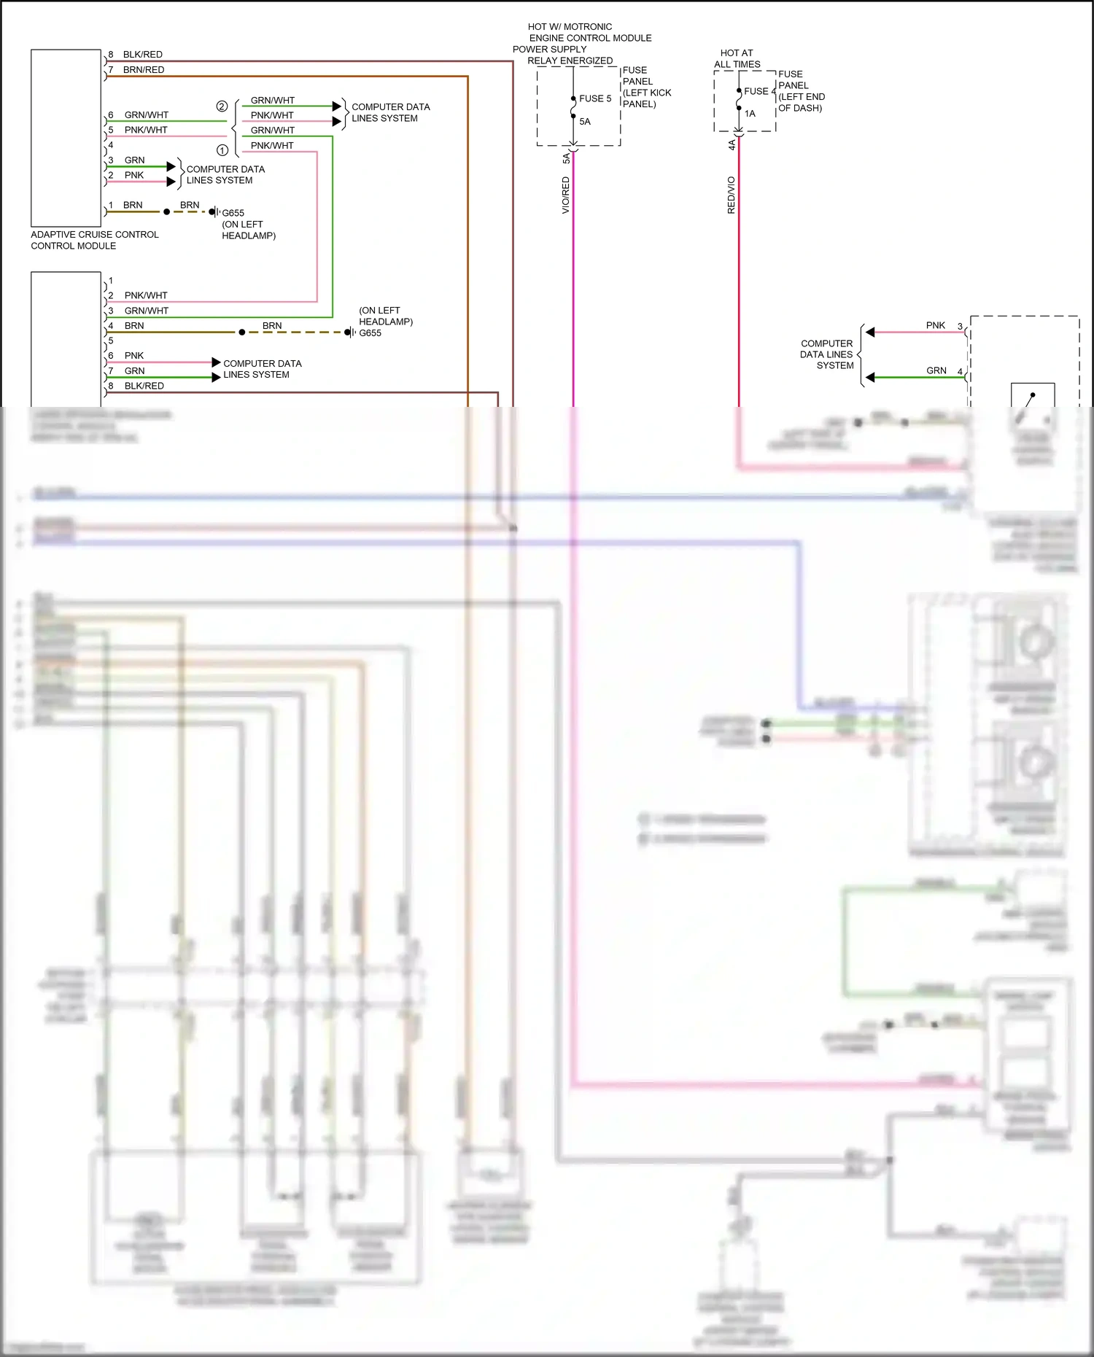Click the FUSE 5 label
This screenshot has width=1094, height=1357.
(x=595, y=98)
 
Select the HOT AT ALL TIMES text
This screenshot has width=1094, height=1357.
(x=737, y=58)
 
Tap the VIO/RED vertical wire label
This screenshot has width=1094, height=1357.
(x=565, y=195)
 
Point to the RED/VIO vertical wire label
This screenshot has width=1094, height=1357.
(x=731, y=195)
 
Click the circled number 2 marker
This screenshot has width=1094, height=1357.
(x=222, y=106)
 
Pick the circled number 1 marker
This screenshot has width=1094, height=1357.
(x=222, y=150)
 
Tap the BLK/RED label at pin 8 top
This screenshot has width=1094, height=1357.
(x=142, y=55)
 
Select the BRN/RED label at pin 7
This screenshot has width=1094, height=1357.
(x=144, y=70)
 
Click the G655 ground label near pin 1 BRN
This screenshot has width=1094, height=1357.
(x=233, y=213)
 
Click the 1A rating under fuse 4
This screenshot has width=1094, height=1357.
(x=750, y=114)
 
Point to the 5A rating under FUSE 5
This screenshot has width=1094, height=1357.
(x=585, y=122)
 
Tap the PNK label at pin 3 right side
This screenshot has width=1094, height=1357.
(x=935, y=325)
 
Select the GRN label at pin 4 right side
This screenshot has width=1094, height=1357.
(x=936, y=370)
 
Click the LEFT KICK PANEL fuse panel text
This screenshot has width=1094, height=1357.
(x=646, y=93)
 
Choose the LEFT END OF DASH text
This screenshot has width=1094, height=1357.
(x=801, y=102)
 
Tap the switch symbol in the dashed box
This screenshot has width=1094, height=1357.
(x=1031, y=398)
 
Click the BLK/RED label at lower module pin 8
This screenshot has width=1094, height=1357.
(x=144, y=386)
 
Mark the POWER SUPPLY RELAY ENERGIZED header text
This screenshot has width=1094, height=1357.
(x=562, y=55)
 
